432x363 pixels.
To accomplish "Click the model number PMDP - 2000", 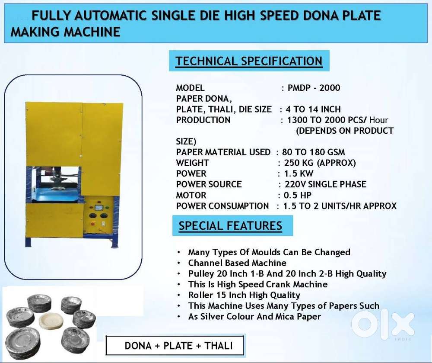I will (314, 88).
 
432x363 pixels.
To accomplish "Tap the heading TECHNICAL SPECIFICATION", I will (249, 61).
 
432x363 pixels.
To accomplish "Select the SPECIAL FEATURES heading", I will (230, 226).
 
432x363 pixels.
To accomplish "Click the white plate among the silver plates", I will (51, 321).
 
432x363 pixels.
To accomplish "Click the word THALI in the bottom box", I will (219, 346).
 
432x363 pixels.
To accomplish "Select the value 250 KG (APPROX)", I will (320, 163).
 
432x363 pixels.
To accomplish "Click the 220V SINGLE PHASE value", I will (325, 184).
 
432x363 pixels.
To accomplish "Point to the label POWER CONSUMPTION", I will (222, 206).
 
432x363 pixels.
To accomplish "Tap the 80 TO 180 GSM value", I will (313, 152).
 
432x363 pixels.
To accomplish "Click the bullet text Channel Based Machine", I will (237, 263).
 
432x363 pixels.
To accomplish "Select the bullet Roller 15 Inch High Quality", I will (244, 295).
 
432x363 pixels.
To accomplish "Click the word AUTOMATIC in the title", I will (112, 16).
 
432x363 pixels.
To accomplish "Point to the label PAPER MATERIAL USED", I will (223, 152).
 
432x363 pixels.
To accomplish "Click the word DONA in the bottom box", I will (138, 346).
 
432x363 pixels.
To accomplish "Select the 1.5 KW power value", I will (299, 173).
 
